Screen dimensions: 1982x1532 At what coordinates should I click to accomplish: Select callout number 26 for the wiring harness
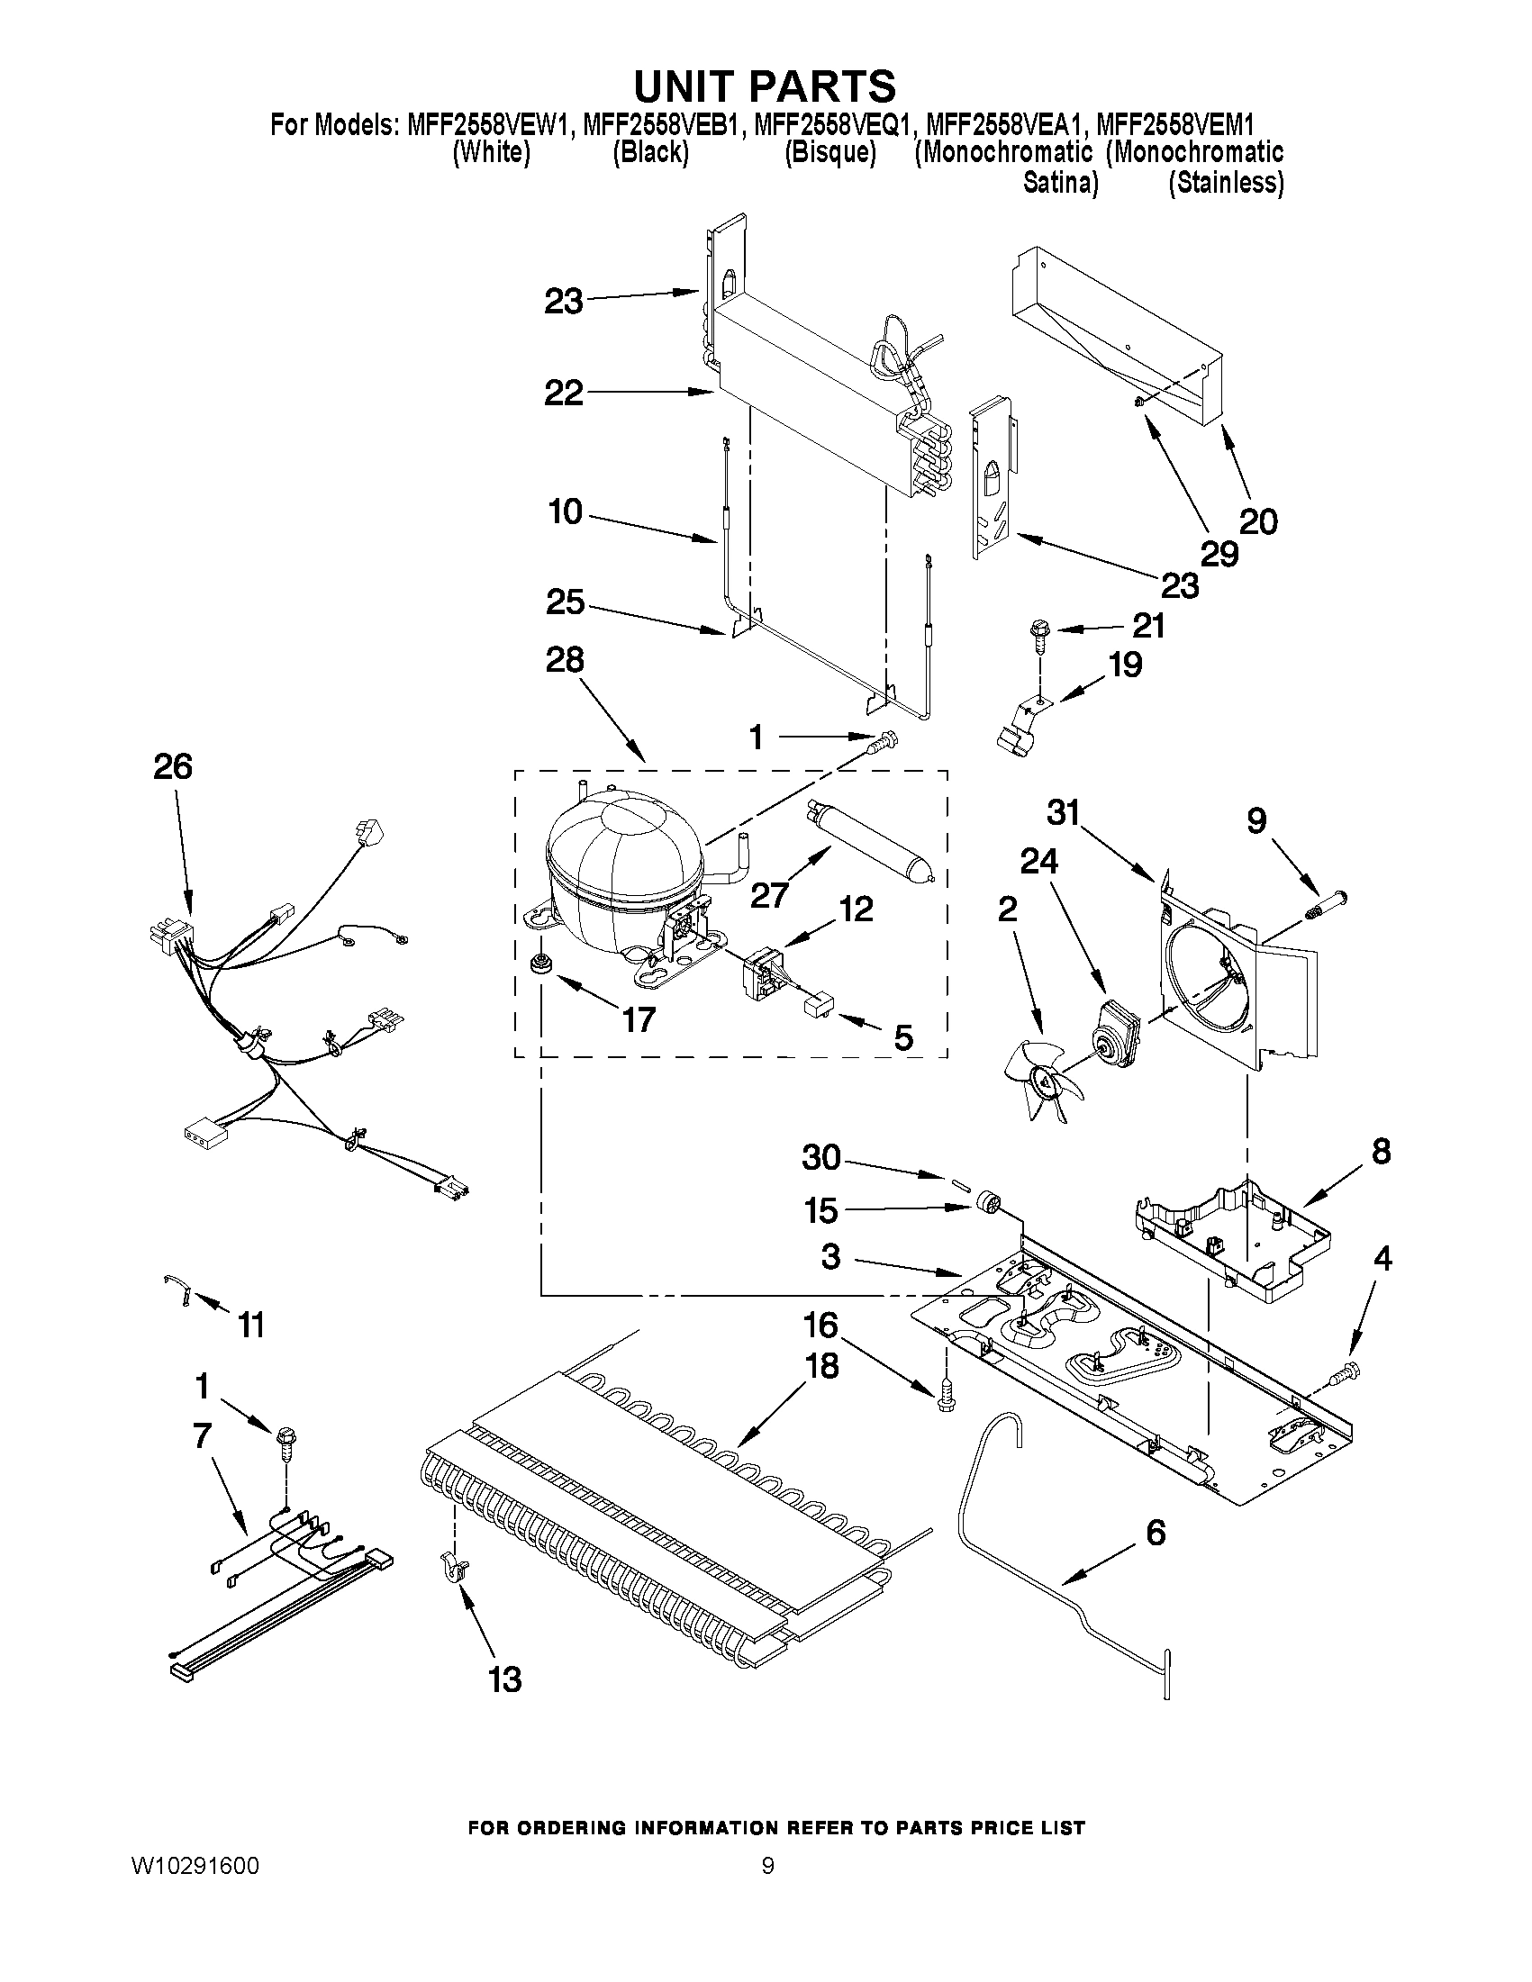tap(172, 768)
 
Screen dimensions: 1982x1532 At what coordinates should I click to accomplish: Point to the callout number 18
tap(822, 1366)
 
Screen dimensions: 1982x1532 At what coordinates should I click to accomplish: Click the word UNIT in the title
tap(694, 86)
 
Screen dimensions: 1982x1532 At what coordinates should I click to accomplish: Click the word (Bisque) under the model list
tap(829, 152)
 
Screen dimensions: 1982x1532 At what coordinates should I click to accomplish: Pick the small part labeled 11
tap(178, 1290)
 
